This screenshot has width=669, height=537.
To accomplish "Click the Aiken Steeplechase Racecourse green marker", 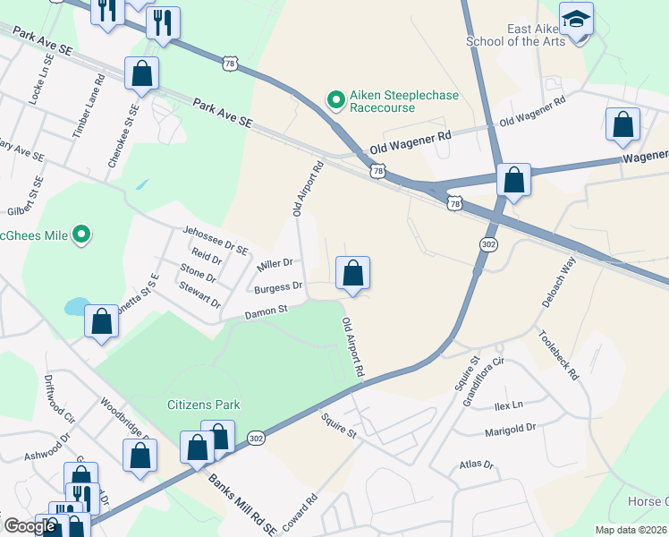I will point(336,99).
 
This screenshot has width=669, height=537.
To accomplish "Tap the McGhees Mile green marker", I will point(81,235).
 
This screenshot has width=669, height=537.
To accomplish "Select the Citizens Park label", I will point(203,405).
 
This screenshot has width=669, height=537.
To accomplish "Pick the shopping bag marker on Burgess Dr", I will point(353,273).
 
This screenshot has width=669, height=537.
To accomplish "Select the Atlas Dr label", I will point(476,465).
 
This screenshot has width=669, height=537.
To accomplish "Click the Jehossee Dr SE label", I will point(215,237).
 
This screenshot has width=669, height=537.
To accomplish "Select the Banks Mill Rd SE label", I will point(243,504).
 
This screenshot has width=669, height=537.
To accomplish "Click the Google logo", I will point(30,526).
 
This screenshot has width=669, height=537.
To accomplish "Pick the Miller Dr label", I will point(275,264).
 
